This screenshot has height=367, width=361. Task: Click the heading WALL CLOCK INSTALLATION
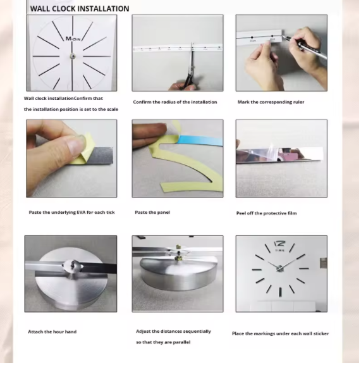click(x=80, y=9)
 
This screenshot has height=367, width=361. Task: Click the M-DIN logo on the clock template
click(x=73, y=39)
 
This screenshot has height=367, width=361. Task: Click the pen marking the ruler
click(x=304, y=47)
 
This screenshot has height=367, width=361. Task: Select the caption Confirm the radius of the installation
click(x=175, y=102)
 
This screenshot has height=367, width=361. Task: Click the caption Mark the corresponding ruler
click(x=271, y=102)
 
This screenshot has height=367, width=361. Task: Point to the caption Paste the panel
click(x=152, y=212)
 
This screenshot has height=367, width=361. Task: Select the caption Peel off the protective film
click(x=266, y=213)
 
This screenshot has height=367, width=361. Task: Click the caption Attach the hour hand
click(x=52, y=332)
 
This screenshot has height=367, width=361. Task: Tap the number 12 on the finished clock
click(x=279, y=244)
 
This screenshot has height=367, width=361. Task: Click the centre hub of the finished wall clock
click(x=279, y=268)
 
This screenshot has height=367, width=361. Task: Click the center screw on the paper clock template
click(x=73, y=56)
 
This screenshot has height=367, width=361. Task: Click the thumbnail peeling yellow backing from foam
click(x=71, y=158)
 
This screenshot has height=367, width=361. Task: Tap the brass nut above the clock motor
click(x=178, y=247)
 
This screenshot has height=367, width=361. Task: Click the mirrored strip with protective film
click(x=279, y=154)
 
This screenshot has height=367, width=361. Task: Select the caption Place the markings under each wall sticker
click(x=280, y=333)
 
